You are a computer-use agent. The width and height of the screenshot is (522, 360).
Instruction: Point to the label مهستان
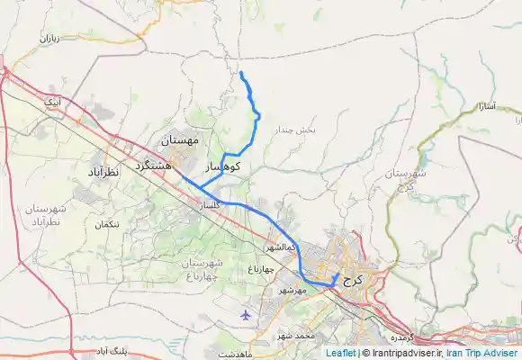coord(184,142)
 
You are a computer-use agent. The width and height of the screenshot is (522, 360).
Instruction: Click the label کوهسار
coord(223,167)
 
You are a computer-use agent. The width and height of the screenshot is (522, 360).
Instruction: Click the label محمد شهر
coord(297,336)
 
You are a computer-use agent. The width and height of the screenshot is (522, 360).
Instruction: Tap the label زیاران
coord(47,39)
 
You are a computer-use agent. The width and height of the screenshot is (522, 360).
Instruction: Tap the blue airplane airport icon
coord(247,314)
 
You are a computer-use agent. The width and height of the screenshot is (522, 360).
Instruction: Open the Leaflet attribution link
coord(339,354)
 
